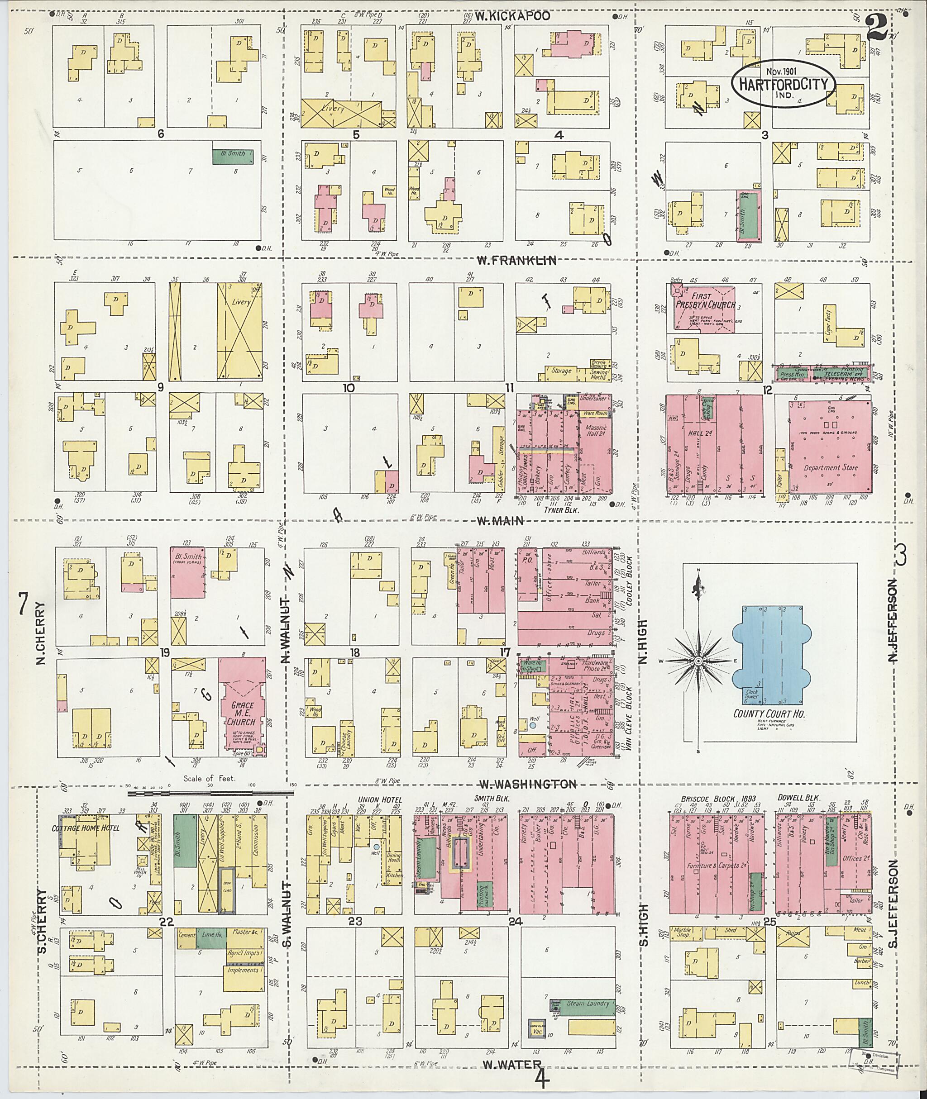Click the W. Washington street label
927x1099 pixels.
click(528, 784)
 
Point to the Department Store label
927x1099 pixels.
click(830, 467)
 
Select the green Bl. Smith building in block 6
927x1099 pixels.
click(232, 156)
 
